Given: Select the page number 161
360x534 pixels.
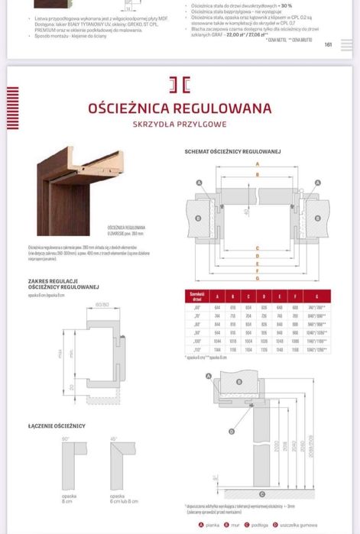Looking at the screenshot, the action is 328,44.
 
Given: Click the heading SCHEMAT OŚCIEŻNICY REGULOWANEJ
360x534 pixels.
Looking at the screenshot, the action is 232,151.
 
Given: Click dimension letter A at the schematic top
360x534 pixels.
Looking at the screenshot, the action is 257,163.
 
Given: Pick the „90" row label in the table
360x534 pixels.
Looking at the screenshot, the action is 196,332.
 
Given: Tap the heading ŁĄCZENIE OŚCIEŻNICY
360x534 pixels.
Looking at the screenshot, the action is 57,425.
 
